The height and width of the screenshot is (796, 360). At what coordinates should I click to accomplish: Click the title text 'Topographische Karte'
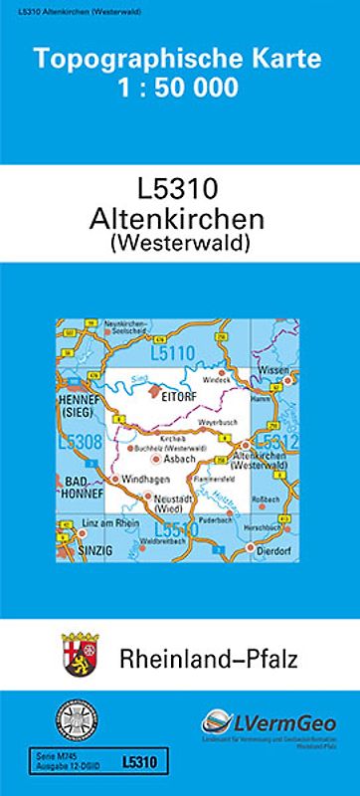(x=180, y=62)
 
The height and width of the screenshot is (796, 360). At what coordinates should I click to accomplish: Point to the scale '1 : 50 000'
(x=180, y=88)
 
